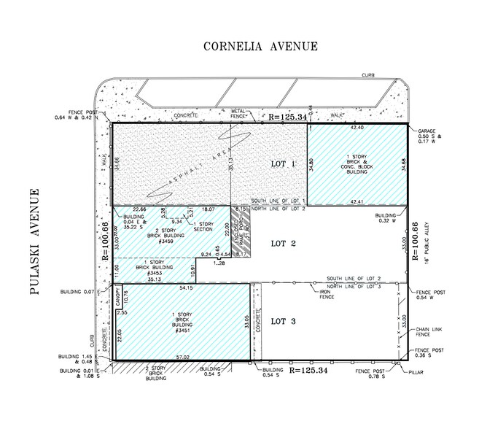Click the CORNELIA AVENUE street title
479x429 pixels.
click(x=260, y=47)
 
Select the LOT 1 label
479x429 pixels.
click(x=281, y=164)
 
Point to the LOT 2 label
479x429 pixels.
click(x=282, y=244)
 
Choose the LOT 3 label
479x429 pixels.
click(x=282, y=321)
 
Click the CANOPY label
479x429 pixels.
click(x=117, y=300)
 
